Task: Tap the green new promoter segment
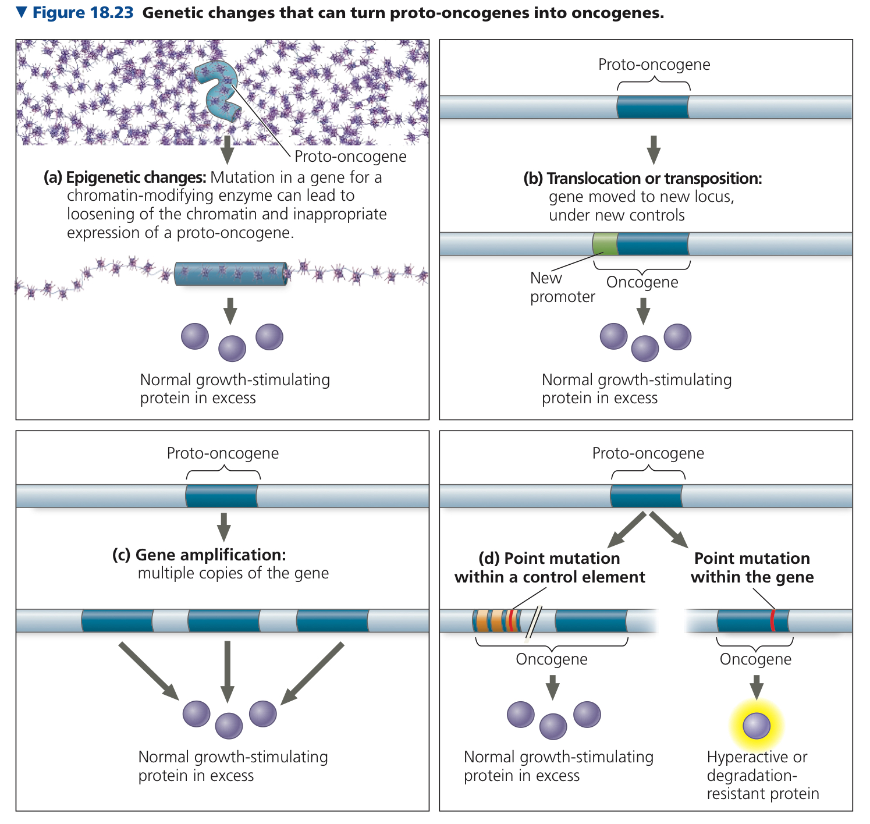(605, 243)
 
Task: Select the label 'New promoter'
(562, 287)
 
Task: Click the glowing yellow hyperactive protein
(757, 726)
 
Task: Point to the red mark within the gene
(772, 620)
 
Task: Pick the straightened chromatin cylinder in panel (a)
(230, 274)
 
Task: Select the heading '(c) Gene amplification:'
(199, 555)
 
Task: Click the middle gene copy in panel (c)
(224, 620)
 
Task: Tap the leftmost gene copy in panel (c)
(118, 620)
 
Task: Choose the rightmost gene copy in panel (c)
(332, 620)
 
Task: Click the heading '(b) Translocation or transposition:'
(642, 178)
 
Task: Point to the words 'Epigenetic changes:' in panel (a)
(136, 177)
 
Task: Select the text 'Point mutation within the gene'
(752, 568)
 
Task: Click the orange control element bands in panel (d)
(490, 620)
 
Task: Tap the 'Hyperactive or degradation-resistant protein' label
(762, 775)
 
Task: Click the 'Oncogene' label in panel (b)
(642, 282)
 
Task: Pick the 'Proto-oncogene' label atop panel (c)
(222, 453)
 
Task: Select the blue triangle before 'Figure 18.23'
(22, 12)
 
